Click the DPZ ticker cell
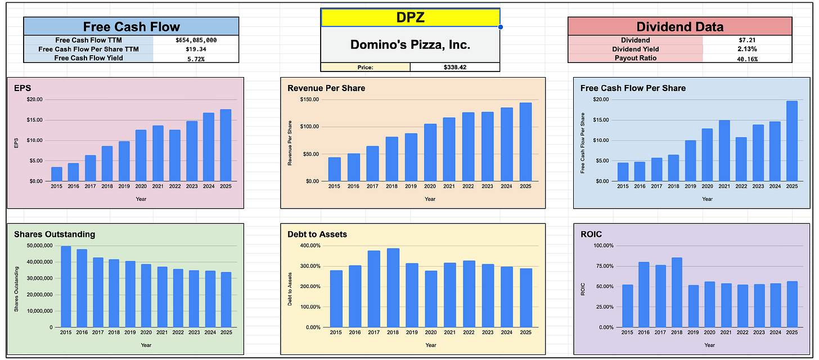410,17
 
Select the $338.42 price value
455,67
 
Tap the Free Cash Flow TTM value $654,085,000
196,40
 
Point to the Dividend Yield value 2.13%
747,49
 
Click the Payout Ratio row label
636,58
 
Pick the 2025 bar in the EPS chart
226,145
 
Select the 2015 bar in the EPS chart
57,174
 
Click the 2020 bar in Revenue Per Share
430,152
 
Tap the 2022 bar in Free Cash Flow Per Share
741,159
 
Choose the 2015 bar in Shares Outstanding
66,286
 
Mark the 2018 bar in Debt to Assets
393,288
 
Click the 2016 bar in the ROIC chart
644,295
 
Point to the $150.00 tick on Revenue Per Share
309,100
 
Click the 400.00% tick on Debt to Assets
310,246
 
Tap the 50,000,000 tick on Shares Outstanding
39,246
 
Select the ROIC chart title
591,234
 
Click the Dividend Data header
680,26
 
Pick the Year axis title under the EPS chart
141,199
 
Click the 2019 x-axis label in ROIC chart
693,332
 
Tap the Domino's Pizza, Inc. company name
410,44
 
